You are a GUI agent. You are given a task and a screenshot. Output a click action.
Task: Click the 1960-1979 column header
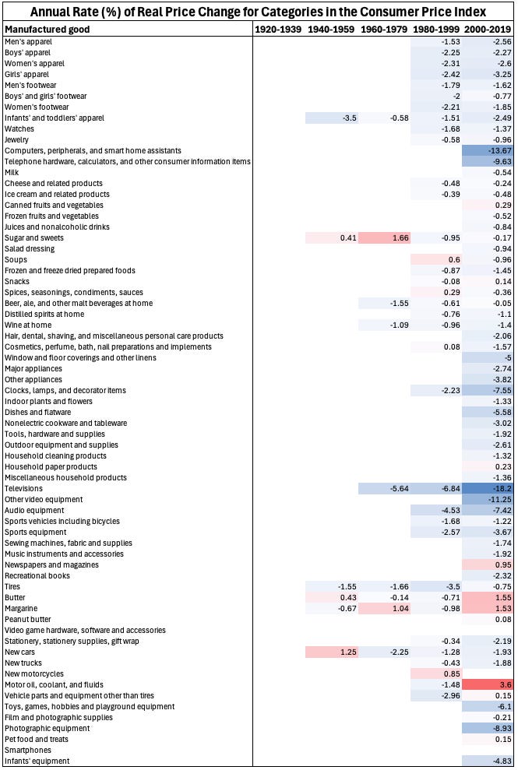(383, 29)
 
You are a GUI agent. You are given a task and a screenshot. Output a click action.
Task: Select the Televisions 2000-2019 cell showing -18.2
(488, 488)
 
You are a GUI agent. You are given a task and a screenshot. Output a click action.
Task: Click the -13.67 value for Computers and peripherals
(488, 150)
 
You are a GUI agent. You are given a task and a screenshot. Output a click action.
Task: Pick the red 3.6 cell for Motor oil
(488, 684)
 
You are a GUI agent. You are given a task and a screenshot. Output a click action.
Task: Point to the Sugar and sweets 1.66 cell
(384, 237)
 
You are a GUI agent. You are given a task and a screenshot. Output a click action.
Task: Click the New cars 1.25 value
(331, 652)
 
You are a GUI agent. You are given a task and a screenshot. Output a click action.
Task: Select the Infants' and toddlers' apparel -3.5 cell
(331, 118)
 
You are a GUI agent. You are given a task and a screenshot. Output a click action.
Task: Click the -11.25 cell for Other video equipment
(488, 499)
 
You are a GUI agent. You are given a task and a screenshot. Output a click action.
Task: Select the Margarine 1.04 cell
(384, 608)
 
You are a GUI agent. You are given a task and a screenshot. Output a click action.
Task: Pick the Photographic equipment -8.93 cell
(488, 728)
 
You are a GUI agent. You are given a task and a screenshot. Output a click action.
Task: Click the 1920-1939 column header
(278, 29)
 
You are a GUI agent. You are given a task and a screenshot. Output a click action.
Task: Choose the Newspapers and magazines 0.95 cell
(488, 564)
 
